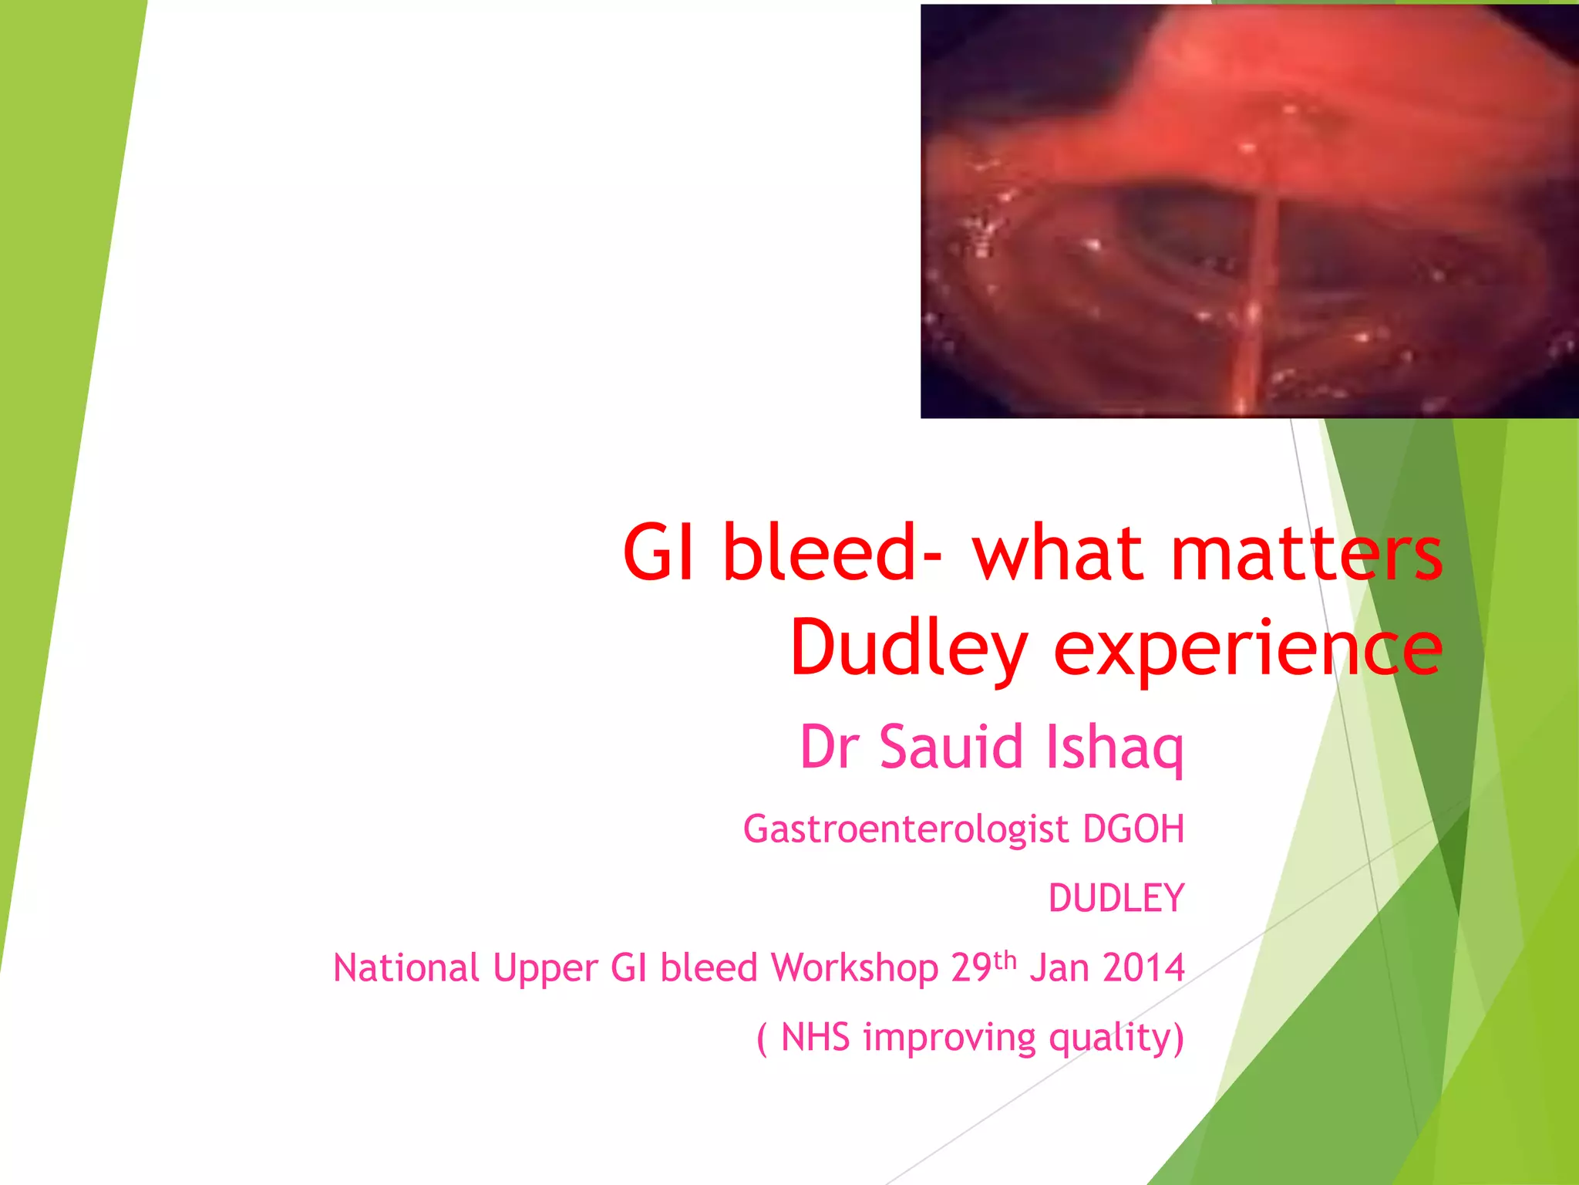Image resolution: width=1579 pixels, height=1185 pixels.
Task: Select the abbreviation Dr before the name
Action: pyautogui.click(x=830, y=747)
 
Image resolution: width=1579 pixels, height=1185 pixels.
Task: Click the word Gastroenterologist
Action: pyautogui.click(x=906, y=830)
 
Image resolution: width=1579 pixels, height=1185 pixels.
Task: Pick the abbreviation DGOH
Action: pyautogui.click(x=1133, y=829)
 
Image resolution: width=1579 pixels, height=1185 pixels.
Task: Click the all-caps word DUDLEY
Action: pyautogui.click(x=1116, y=898)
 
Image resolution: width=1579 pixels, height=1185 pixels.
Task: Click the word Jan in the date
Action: pyautogui.click(x=1059, y=967)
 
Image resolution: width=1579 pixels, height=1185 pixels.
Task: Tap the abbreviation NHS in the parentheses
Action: pyautogui.click(x=815, y=1037)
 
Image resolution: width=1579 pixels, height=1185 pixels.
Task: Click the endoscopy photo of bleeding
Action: pyautogui.click(x=1249, y=211)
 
